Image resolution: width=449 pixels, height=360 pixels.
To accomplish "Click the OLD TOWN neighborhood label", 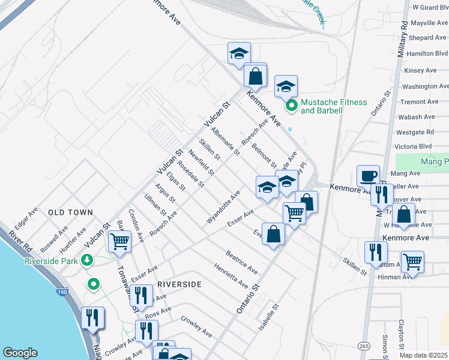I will tap(71, 212).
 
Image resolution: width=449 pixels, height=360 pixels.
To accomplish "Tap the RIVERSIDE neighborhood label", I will tap(178, 284).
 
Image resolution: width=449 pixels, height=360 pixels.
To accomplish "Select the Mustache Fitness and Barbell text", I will tap(334, 106).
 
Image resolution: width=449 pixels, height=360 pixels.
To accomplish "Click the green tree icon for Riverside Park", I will tap(88, 260).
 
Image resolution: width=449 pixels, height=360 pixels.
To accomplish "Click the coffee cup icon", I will tap(368, 176).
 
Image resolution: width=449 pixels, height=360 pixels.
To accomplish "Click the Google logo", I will tap(20, 353).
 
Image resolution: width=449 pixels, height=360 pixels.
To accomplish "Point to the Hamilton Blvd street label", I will tap(427, 53).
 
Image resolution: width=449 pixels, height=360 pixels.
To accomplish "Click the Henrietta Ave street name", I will tap(231, 274).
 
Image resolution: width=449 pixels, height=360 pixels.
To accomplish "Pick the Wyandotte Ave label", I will tap(223, 208).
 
